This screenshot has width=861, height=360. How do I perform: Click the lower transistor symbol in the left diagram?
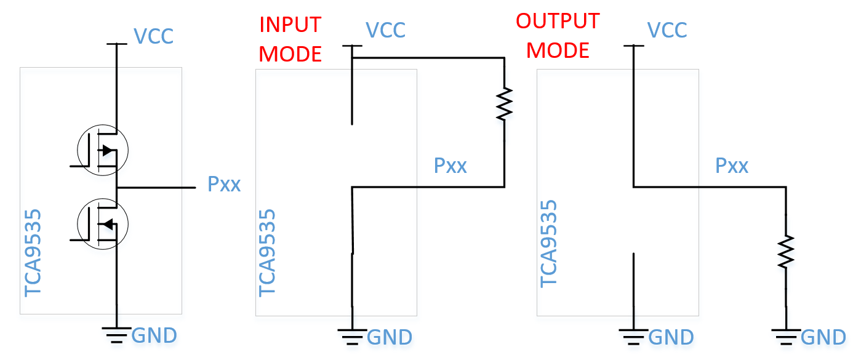pyautogui.click(x=102, y=223)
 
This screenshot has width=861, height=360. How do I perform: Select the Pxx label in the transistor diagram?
pyautogui.click(x=224, y=184)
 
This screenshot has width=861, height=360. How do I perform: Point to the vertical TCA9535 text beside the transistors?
pyautogui.click(x=34, y=253)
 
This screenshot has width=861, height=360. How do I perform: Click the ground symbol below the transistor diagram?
pyautogui.click(x=116, y=334)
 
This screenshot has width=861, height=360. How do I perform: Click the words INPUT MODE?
pyautogui.click(x=290, y=39)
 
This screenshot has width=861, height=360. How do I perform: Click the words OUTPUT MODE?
pyautogui.click(x=558, y=36)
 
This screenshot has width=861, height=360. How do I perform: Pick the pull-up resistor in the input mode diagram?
pyautogui.click(x=504, y=104)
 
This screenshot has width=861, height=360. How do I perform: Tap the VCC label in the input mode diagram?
pyautogui.click(x=386, y=30)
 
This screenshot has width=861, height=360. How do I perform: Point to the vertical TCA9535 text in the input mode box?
pyautogui.click(x=268, y=253)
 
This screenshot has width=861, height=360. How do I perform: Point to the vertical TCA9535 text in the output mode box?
pyautogui.click(x=549, y=244)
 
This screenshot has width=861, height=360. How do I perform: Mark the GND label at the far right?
pyautogui.click(x=824, y=337)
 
